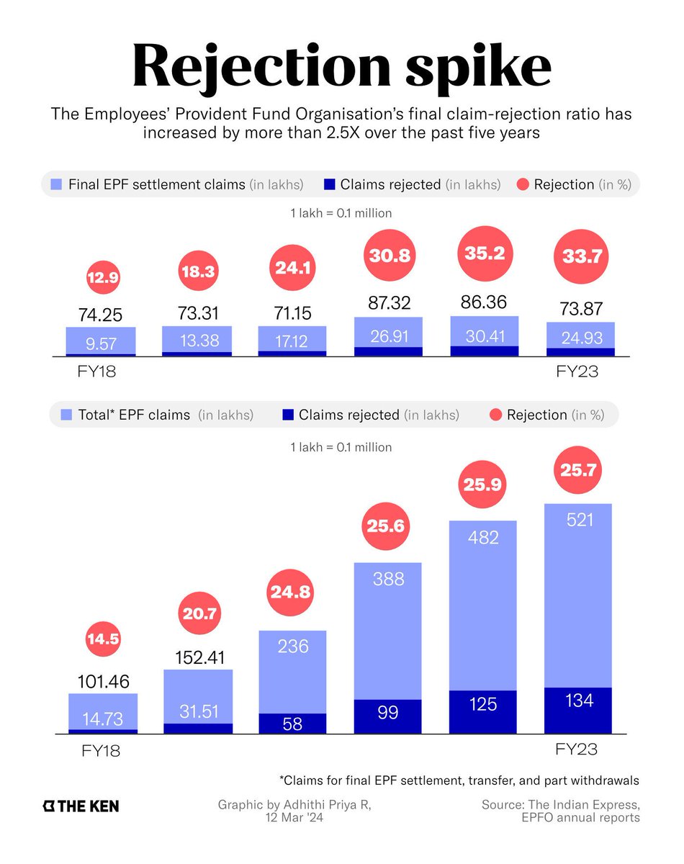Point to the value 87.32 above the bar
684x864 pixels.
(x=389, y=303)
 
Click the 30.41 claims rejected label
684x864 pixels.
(x=485, y=337)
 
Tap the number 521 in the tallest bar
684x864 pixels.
(x=580, y=518)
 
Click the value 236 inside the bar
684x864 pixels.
(x=293, y=647)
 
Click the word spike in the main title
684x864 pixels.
(x=474, y=66)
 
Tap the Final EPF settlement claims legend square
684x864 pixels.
(x=56, y=184)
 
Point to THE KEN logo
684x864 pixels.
(x=81, y=806)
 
